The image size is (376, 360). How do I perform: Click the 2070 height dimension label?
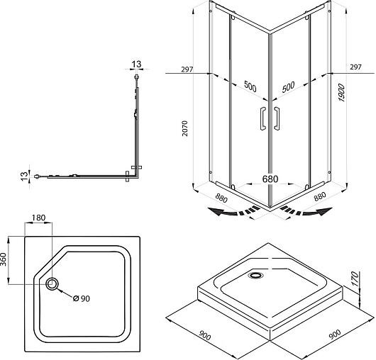(185, 128)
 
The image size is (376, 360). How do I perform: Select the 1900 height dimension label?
(341, 93)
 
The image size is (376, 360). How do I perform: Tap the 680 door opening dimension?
(270, 179)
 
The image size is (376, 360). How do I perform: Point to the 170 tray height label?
(355, 279)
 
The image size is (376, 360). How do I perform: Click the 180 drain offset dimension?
(38, 218)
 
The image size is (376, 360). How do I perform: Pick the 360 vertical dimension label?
(4, 259)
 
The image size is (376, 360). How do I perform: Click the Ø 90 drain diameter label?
(82, 298)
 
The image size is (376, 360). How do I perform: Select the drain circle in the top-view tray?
(52, 284)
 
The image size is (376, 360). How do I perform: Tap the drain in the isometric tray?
(256, 275)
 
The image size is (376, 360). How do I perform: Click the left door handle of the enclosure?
(262, 118)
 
